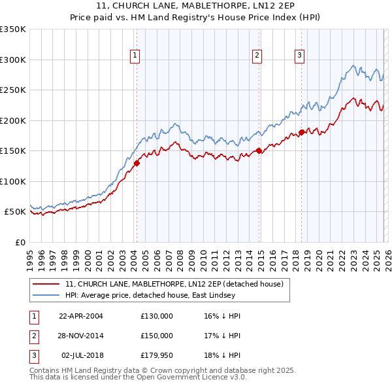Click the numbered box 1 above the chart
(x=135, y=56)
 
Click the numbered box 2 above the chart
(x=257, y=56)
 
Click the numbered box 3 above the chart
(x=299, y=56)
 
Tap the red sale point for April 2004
(x=137, y=164)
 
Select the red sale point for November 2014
(x=259, y=150)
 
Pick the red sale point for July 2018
(x=301, y=132)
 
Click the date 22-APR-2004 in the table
(x=81, y=316)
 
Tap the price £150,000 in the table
(x=156, y=336)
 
